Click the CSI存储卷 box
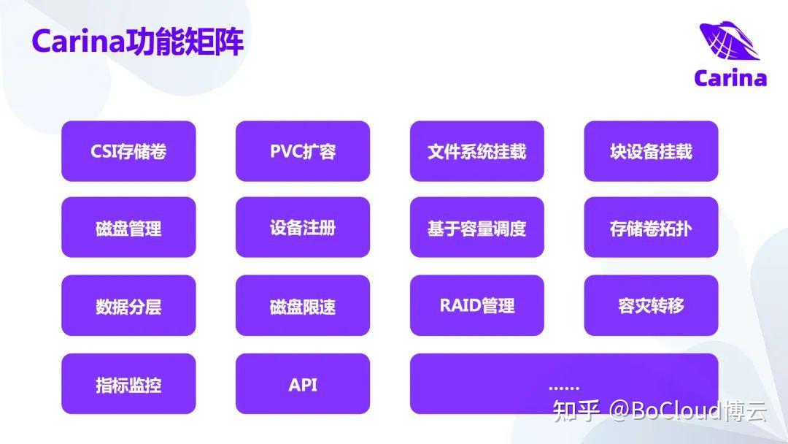128,151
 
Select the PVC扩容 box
303,151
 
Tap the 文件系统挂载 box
476,151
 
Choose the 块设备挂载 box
651,151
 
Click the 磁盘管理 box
128,228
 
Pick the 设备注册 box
303,228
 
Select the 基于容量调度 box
476,228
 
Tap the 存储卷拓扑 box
651,228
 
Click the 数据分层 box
128,306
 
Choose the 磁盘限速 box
303,306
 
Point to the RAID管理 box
476,305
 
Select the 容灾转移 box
651,305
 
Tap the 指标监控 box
128,384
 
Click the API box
303,384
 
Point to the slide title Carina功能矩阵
138,42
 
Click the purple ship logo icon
729,42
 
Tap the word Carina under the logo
730,78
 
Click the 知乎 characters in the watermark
576,411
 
